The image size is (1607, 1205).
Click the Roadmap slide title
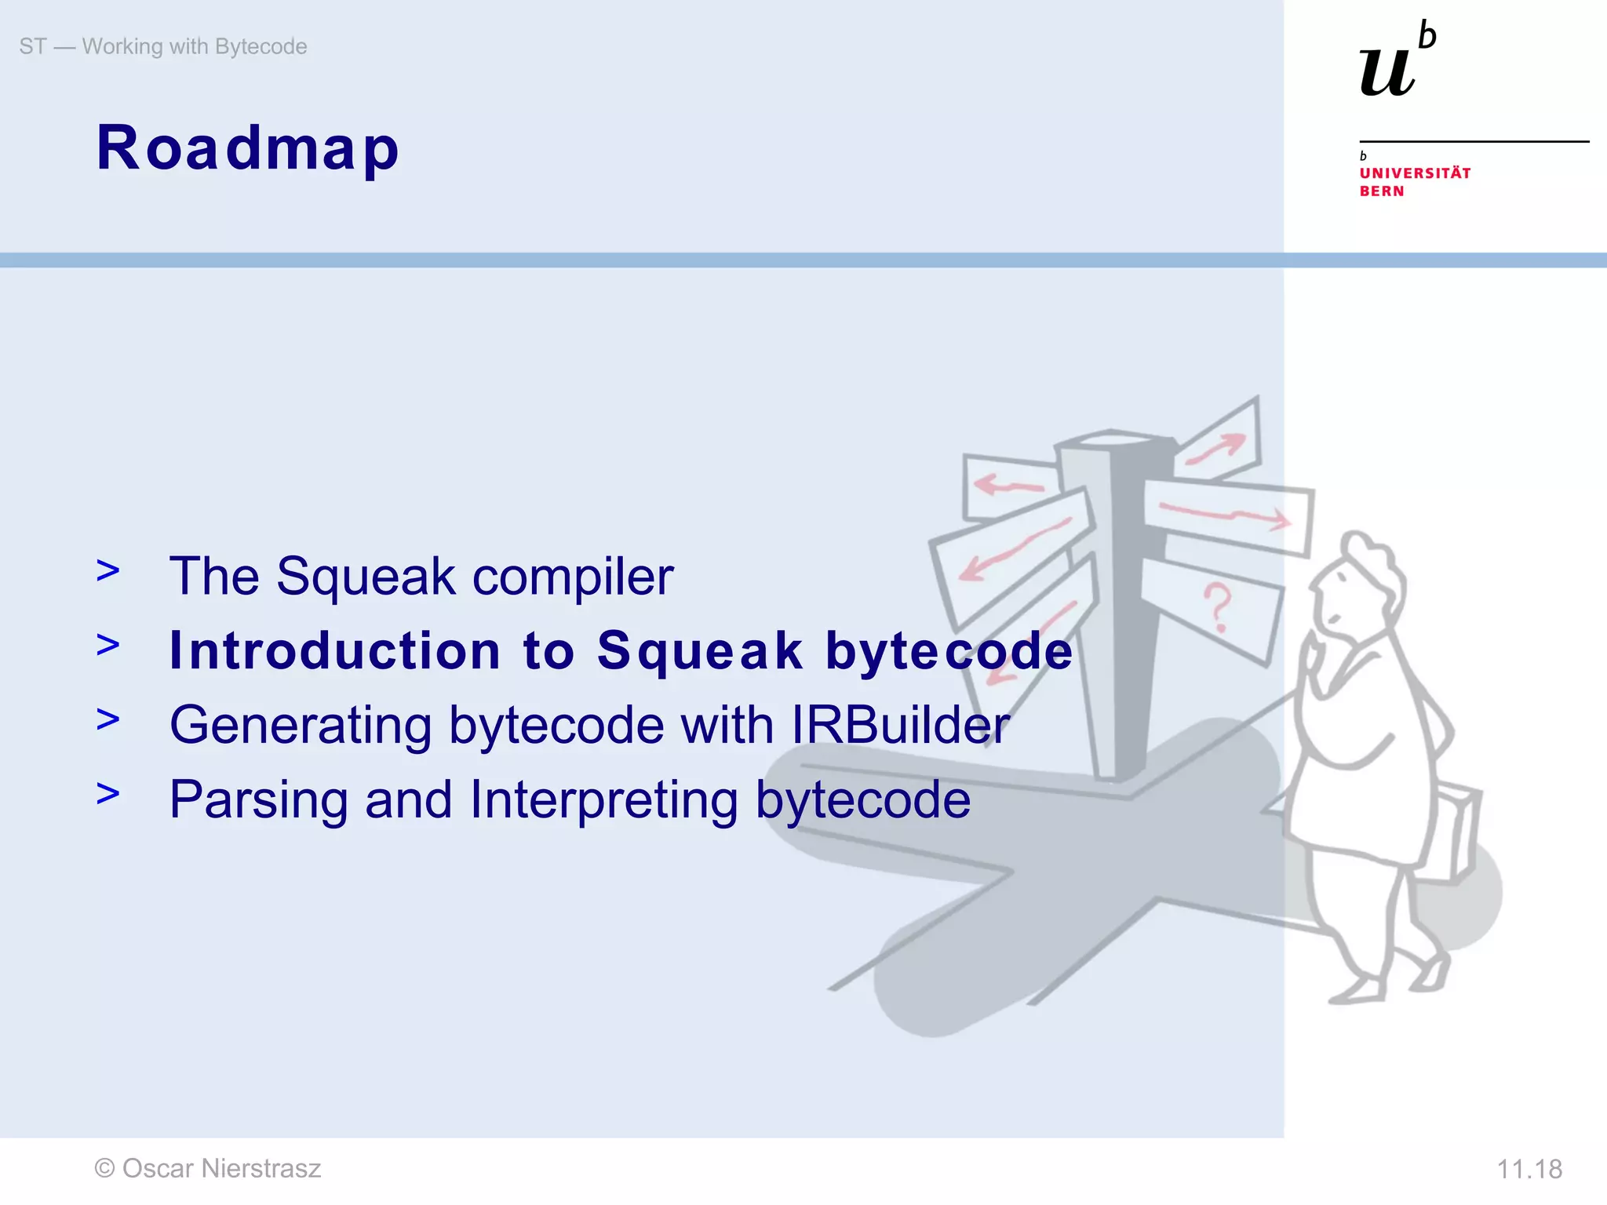(x=247, y=149)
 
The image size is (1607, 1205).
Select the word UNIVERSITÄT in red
(x=1415, y=173)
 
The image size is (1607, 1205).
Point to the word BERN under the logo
(x=1381, y=191)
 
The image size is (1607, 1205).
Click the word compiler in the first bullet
(x=573, y=577)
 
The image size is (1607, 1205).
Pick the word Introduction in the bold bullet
(x=335, y=651)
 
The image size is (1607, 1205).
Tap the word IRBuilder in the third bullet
(x=900, y=725)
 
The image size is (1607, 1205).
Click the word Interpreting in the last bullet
(x=603, y=800)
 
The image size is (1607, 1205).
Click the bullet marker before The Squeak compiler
(x=108, y=571)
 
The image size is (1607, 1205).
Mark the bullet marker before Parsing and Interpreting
(x=108, y=794)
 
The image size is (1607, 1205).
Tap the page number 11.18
(x=1529, y=1170)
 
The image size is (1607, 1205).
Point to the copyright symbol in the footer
(x=104, y=1169)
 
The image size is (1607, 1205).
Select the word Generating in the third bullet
(x=301, y=726)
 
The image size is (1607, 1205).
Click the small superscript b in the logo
(x=1427, y=36)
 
